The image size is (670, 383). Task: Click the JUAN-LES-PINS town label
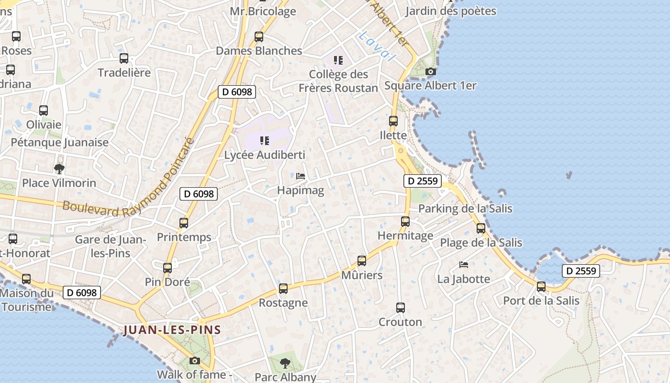172,330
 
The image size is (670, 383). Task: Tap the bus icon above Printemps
183,223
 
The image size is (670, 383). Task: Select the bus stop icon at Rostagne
283,289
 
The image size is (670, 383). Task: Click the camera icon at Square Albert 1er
431,72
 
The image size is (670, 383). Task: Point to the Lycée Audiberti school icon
264,141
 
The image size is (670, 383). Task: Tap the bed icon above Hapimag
301,176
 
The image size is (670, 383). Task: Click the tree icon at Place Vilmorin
59,169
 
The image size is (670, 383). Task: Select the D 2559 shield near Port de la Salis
581,271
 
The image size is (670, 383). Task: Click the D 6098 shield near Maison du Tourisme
82,293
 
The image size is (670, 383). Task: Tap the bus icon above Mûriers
362,261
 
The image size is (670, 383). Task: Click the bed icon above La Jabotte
463,264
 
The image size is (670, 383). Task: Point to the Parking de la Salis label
465,209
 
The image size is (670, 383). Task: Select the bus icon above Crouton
401,308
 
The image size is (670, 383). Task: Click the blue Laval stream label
377,46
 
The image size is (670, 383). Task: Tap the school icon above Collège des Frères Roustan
338,60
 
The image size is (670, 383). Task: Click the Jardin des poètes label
450,11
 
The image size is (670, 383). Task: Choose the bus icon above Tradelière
124,58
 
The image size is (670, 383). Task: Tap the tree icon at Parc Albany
285,363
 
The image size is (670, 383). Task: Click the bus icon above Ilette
393,121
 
